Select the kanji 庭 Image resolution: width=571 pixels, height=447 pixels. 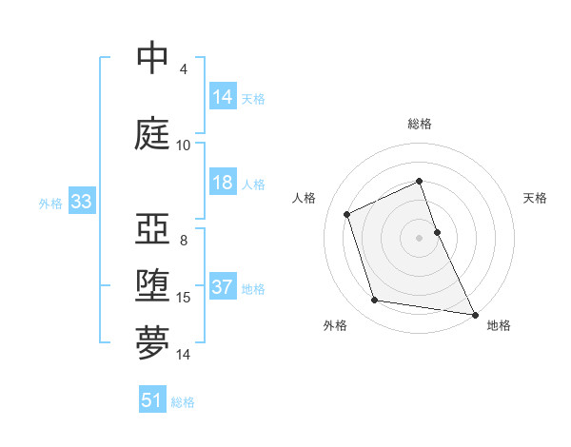pyautogui.click(x=153, y=133)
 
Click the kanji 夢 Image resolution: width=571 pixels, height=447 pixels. pyautogui.click(x=153, y=343)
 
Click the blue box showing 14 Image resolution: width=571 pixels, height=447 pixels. pyautogui.click(x=223, y=96)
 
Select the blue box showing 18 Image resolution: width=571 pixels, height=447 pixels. pyautogui.click(x=223, y=184)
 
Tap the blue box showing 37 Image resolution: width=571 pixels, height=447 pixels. pyautogui.click(x=223, y=287)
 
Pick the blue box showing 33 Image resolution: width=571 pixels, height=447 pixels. pyautogui.click(x=81, y=202)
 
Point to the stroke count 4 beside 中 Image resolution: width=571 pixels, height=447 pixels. pyautogui.click(x=184, y=69)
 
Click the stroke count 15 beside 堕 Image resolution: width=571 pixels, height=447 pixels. pyautogui.click(x=184, y=298)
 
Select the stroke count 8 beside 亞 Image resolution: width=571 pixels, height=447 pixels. pyautogui.click(x=184, y=240)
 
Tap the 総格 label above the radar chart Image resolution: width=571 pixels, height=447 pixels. pyautogui.click(x=420, y=124)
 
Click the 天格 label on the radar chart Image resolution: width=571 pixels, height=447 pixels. pyautogui.click(x=536, y=198)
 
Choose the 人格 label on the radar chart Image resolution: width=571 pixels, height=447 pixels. pyautogui.click(x=304, y=198)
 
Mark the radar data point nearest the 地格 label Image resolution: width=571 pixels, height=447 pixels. pyautogui.click(x=475, y=313)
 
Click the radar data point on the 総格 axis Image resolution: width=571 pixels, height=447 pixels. pyautogui.click(x=420, y=182)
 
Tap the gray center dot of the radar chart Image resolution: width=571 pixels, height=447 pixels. pyautogui.click(x=420, y=237)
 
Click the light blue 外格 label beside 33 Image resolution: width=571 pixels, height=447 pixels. pyautogui.click(x=50, y=203)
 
